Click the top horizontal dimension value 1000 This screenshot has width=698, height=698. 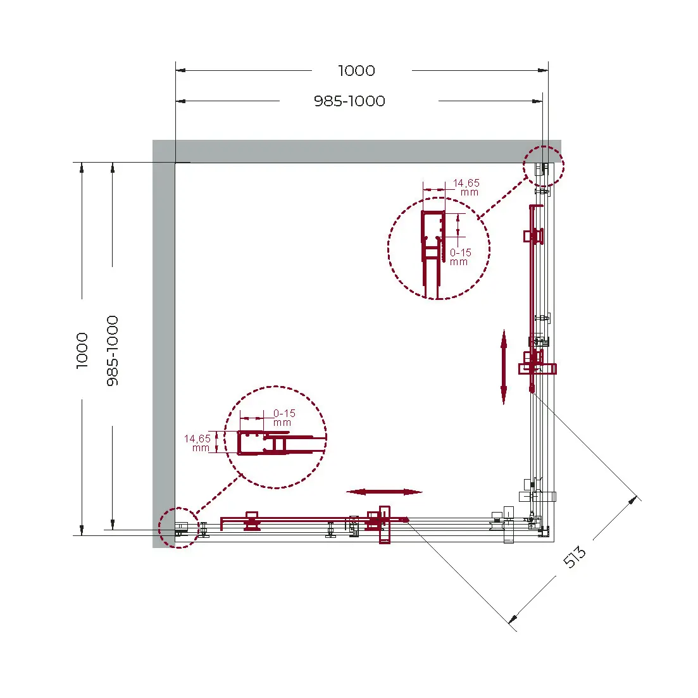tap(356, 71)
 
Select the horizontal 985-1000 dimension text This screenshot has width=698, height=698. tap(349, 101)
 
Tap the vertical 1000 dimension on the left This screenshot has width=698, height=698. tap(82, 351)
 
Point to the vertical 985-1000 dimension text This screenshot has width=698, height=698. tap(113, 351)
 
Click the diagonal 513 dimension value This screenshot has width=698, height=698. tap(575, 558)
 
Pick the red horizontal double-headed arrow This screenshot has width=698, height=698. tap(384, 492)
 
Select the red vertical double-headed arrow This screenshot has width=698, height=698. tap(504, 367)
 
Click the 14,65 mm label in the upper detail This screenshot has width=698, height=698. tap(466, 187)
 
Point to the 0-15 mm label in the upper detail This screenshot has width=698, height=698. tap(460, 257)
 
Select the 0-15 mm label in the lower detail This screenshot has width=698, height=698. tap(284, 418)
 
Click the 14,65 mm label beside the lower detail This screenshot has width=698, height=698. tap(197, 443)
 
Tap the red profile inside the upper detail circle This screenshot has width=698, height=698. tap(432, 254)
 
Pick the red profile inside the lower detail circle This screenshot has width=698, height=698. tap(280, 443)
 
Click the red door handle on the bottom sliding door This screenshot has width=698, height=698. tap(384, 525)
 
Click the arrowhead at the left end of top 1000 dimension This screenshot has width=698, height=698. tap(181, 70)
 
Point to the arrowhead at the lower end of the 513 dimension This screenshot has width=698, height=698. tap(513, 618)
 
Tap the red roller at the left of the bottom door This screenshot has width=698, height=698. tap(252, 521)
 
